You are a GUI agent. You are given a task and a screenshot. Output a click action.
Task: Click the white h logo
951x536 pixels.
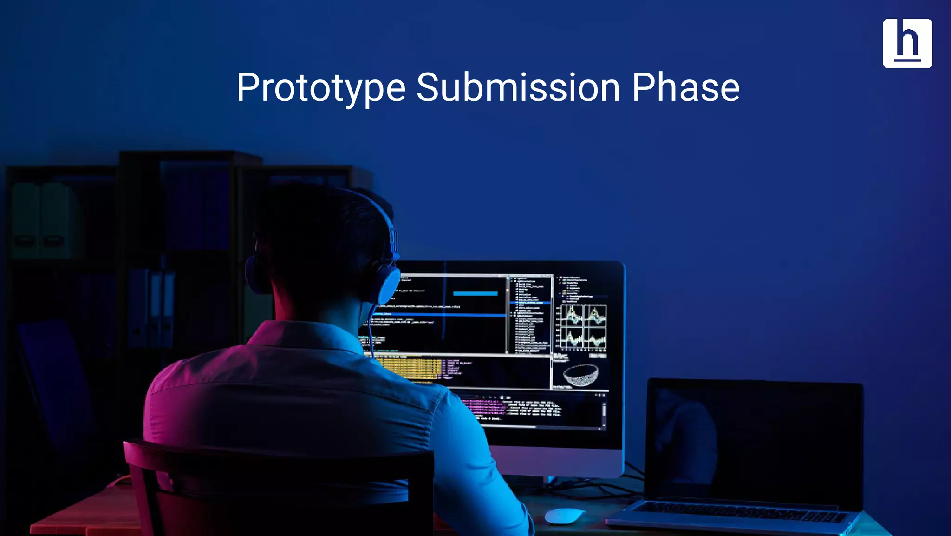(907, 43)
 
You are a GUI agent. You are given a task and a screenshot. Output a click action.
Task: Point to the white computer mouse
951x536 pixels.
(564, 515)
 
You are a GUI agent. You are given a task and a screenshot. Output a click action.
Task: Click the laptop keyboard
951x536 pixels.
(738, 511)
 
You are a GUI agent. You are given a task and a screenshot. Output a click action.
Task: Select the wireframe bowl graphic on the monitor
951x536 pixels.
(580, 375)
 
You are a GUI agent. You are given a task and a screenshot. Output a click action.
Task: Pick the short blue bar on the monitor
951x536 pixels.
(475, 293)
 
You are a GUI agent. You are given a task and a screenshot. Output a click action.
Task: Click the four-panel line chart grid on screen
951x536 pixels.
(583, 327)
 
